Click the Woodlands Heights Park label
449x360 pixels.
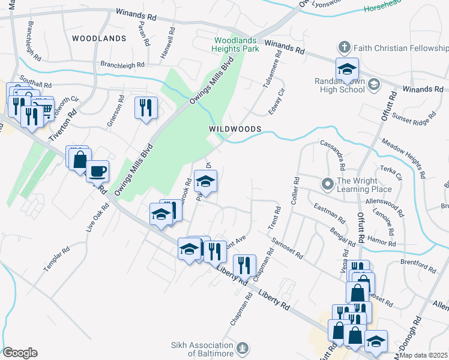(x=236, y=44)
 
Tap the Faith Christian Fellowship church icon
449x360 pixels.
(x=344, y=47)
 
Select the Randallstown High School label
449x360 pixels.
(x=340, y=85)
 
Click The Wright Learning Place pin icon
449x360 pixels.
(x=328, y=184)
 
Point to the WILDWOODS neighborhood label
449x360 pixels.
(x=235, y=129)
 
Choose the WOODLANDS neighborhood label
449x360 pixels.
(x=99, y=38)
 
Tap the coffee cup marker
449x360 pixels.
(x=97, y=171)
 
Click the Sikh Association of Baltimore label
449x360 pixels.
(x=201, y=349)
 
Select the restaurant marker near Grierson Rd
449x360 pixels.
(x=146, y=108)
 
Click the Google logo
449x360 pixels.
(x=20, y=353)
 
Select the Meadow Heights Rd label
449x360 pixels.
(x=403, y=158)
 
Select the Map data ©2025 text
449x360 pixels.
(x=424, y=355)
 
